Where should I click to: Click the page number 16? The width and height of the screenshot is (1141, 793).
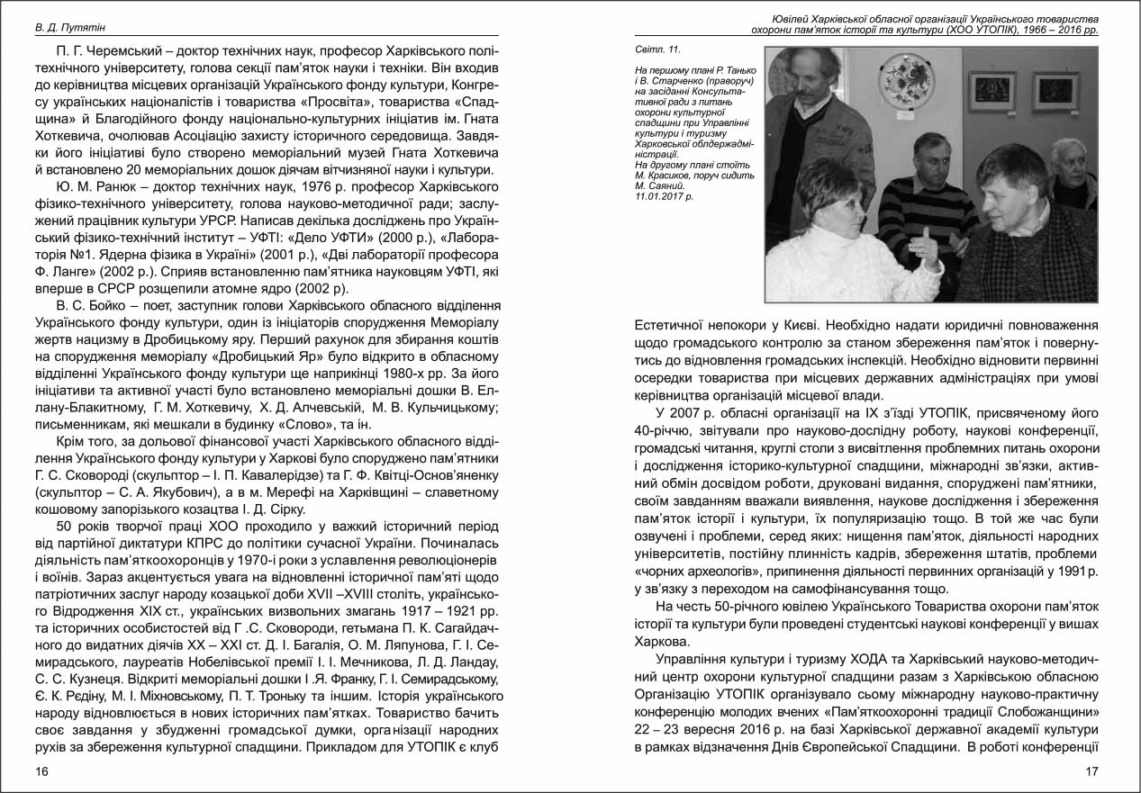(x=41, y=771)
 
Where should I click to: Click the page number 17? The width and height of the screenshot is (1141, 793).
(x=1092, y=771)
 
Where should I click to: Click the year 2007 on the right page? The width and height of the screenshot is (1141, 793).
(x=684, y=413)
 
